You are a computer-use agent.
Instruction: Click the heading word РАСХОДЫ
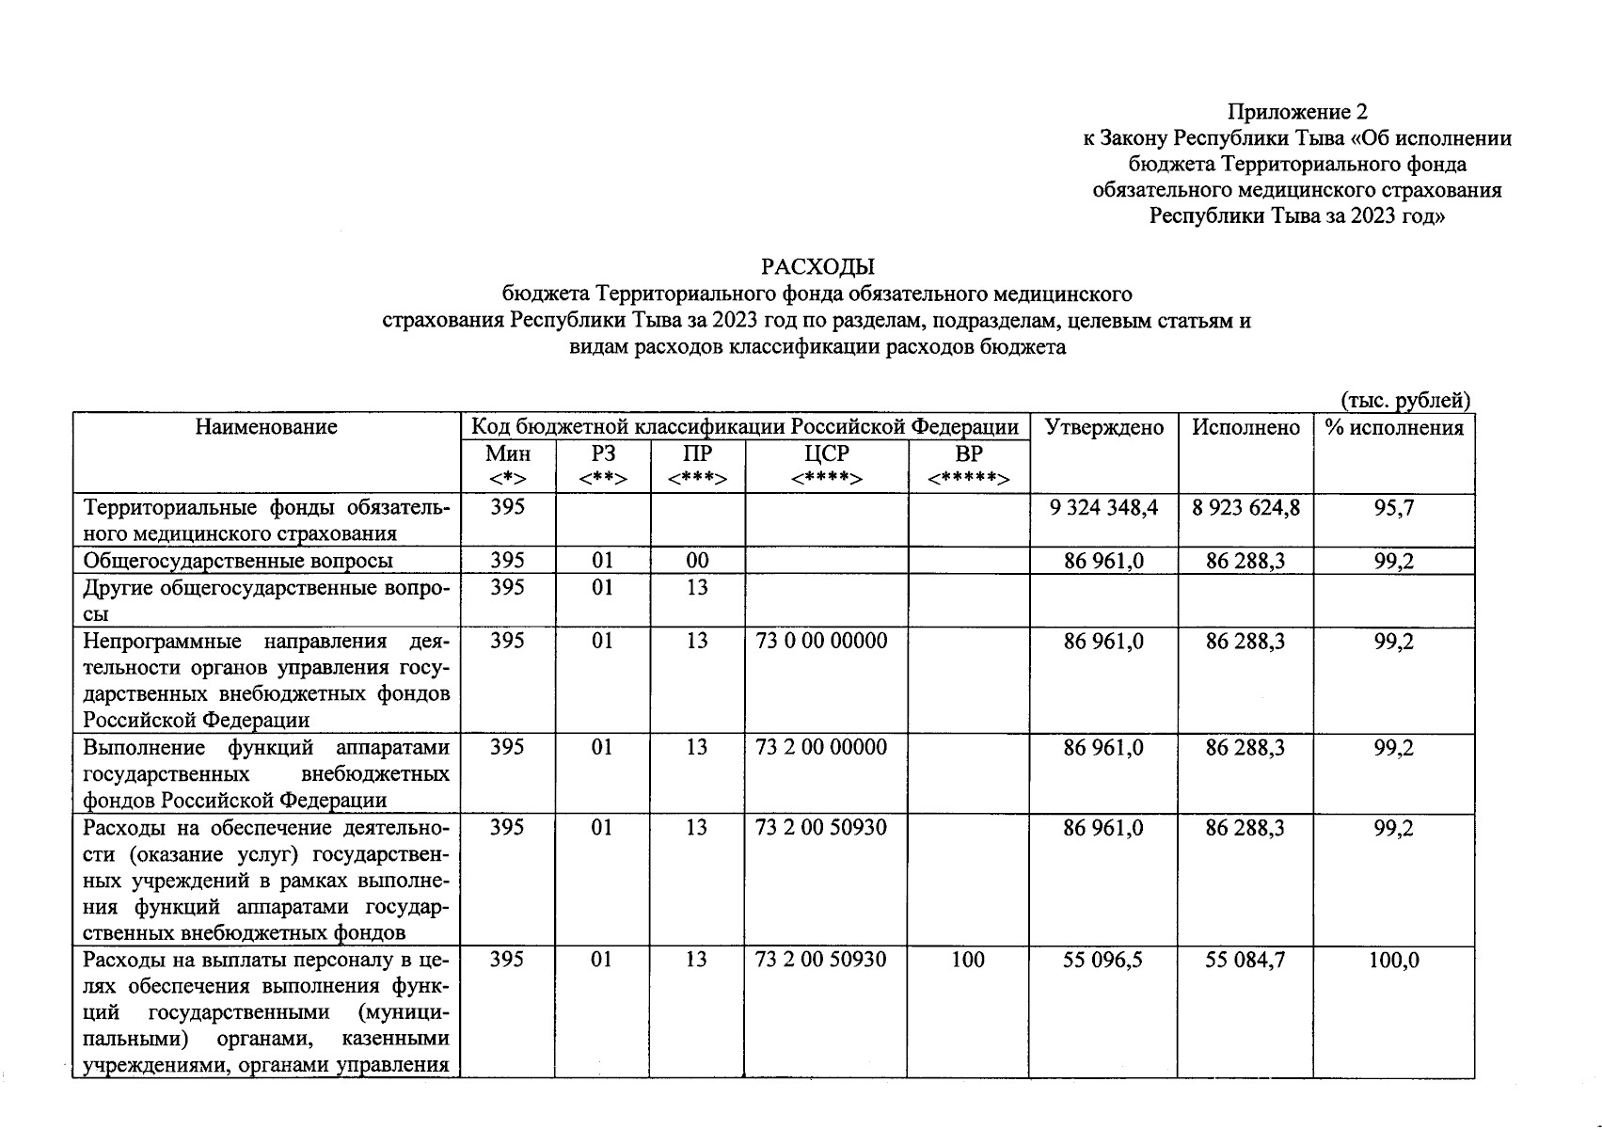(x=817, y=267)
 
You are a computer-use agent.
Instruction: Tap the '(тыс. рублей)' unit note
(x=1405, y=401)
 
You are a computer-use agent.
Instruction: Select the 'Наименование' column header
(x=266, y=427)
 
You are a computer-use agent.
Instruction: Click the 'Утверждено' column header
(x=1103, y=427)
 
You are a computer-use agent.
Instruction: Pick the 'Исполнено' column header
(x=1245, y=427)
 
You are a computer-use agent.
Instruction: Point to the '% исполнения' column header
(x=1394, y=427)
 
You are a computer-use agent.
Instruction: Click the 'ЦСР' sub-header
(x=826, y=453)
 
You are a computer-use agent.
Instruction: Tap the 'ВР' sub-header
(x=968, y=453)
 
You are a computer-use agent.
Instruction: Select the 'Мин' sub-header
(x=507, y=453)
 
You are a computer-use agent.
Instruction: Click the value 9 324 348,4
(x=1103, y=508)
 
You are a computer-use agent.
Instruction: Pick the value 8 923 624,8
(x=1245, y=508)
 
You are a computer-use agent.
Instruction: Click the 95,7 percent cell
(x=1393, y=508)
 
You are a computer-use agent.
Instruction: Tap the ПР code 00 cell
(x=696, y=561)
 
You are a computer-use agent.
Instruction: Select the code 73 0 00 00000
(x=820, y=642)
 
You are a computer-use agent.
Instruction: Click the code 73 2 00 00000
(x=820, y=748)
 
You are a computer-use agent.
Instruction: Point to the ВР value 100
(x=967, y=960)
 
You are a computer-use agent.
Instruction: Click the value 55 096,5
(x=1103, y=961)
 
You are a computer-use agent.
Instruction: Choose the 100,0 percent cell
(x=1393, y=961)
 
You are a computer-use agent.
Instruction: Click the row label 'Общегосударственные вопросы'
(x=238, y=561)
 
